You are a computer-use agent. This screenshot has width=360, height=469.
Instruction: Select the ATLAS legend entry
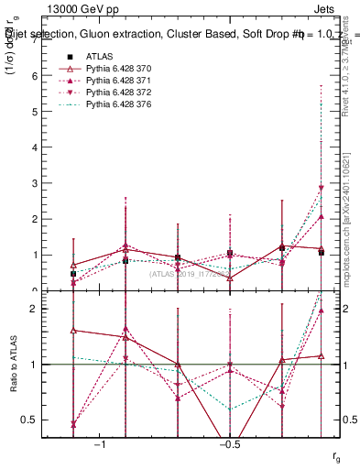coord(101,56)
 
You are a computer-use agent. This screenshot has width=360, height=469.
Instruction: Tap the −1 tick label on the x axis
coord(104,443)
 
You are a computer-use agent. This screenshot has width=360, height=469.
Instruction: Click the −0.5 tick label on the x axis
coord(227,443)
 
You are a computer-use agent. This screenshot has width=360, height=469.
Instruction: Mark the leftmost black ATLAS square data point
coord(73,274)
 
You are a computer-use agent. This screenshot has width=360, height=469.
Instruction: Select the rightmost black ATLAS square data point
coord(322,253)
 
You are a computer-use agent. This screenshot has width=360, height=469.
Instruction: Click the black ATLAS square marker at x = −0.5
coord(230,254)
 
